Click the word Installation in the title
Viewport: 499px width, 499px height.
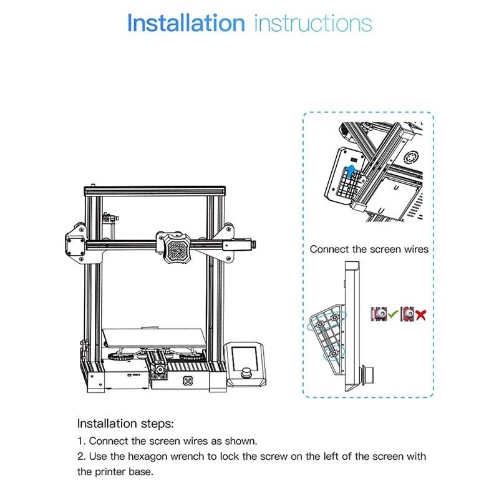(186, 24)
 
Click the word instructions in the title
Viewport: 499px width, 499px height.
(313, 24)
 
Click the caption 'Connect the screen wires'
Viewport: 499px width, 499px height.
(369, 249)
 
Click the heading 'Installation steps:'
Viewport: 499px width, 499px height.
(125, 424)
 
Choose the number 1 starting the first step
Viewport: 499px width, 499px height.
(80, 440)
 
